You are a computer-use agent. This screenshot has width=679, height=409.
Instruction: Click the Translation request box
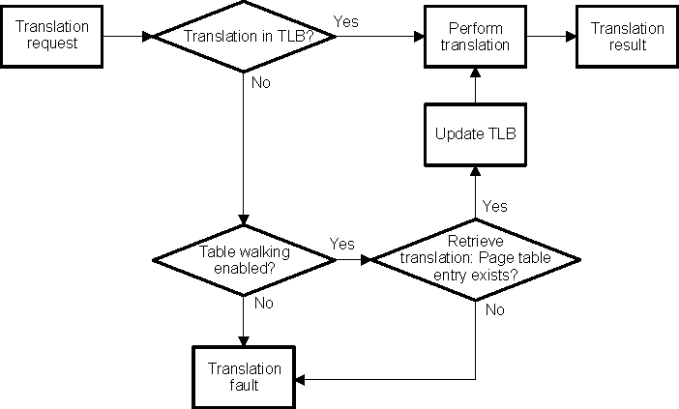pos(52,38)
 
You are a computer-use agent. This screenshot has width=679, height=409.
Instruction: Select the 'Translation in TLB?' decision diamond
pos(245,38)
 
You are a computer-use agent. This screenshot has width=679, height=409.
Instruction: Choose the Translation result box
pos(622,38)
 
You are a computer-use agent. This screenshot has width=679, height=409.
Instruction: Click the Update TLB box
pos(475,134)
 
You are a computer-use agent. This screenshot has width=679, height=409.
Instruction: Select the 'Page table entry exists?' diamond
pos(476,259)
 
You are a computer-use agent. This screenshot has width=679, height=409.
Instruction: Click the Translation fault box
pos(245,377)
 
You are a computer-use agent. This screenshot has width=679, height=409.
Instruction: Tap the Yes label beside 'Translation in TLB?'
pos(345,20)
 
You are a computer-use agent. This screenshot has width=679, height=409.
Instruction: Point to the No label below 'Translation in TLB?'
pos(261,82)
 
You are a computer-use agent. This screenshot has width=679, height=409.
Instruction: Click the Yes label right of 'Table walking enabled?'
pos(341,243)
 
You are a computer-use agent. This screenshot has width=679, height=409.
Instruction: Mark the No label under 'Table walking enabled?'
pos(262,304)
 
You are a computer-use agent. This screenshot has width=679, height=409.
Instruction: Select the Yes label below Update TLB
pos(494,206)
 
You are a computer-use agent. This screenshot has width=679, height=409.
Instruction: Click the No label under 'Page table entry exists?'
pos(494,310)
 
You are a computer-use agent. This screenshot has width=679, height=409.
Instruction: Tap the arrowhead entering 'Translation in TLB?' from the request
pos(148,38)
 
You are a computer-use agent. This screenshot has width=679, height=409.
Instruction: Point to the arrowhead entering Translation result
pos(571,38)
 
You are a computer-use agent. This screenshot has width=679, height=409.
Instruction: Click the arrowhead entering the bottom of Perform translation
pos(475,74)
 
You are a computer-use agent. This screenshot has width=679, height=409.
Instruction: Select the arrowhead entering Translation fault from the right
pos(301,378)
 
